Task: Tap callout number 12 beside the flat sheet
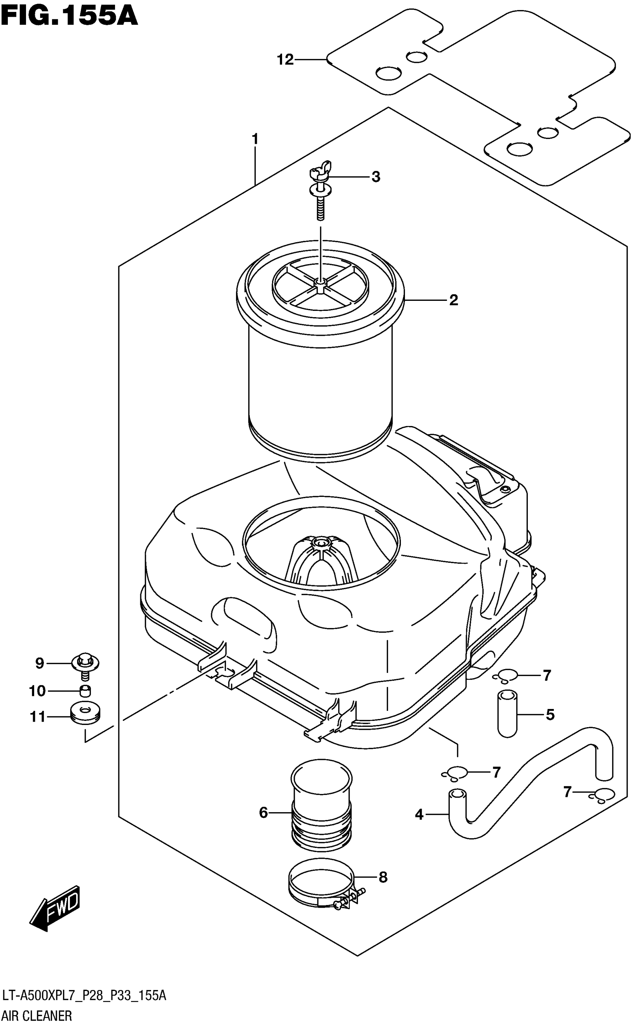pyautogui.click(x=285, y=60)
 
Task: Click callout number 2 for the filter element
pyautogui.click(x=454, y=300)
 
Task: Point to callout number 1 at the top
pyautogui.click(x=255, y=139)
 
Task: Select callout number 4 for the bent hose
pyautogui.click(x=419, y=814)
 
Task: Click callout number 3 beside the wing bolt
pyautogui.click(x=376, y=177)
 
